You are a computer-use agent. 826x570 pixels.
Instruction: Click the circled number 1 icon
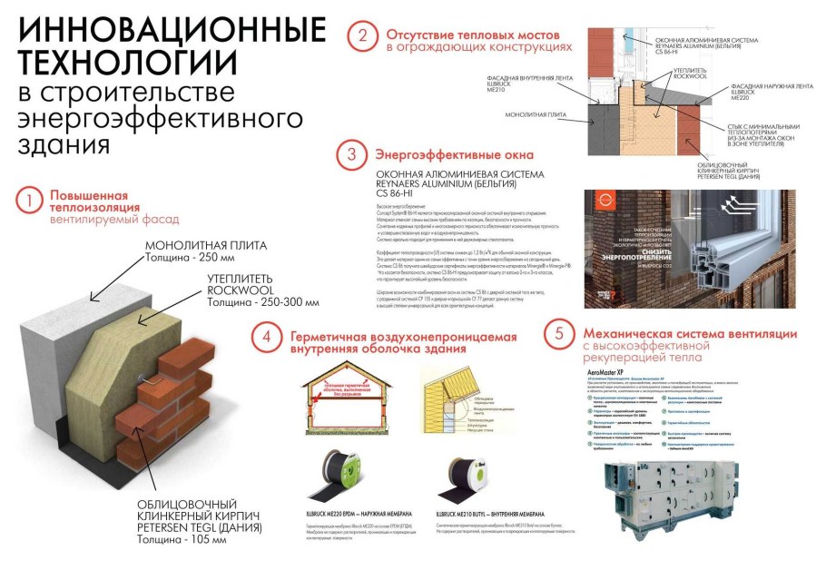30,199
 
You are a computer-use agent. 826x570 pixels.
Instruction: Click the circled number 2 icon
362,36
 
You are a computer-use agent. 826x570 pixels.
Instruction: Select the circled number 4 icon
266,337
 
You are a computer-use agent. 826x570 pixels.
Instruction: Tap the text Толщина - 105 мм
182,539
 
